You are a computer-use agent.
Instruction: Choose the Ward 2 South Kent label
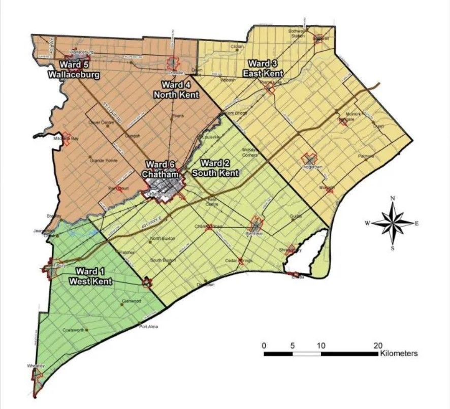(215, 168)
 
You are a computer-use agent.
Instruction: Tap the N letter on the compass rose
(393, 198)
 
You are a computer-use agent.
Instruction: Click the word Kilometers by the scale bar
(399, 353)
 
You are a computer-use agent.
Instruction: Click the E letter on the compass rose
(417, 223)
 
